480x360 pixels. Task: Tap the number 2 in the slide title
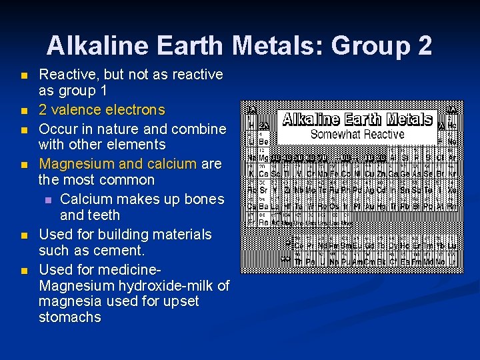[x=424, y=45]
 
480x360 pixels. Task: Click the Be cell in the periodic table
[x=265, y=141]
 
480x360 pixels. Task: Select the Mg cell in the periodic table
[x=265, y=158]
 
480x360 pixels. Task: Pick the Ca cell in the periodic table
[x=265, y=174]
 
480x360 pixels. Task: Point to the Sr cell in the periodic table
[x=265, y=190]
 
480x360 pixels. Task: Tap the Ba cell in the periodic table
[x=265, y=206]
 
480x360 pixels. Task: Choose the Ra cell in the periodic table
[x=265, y=222]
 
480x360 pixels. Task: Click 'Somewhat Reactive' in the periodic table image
[x=357, y=135]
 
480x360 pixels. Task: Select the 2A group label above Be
[x=265, y=125]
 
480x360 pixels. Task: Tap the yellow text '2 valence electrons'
[x=101, y=109]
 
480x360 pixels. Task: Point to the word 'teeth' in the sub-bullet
[x=103, y=215]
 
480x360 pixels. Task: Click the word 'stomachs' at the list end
[x=70, y=317]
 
